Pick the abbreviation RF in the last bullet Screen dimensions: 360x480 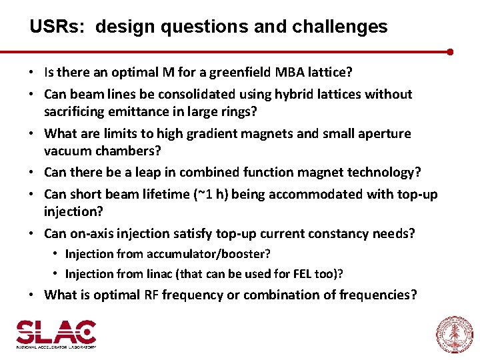pos(150,295)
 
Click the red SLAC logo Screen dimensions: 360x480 pos(56,334)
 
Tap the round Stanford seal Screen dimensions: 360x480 pos(454,334)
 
